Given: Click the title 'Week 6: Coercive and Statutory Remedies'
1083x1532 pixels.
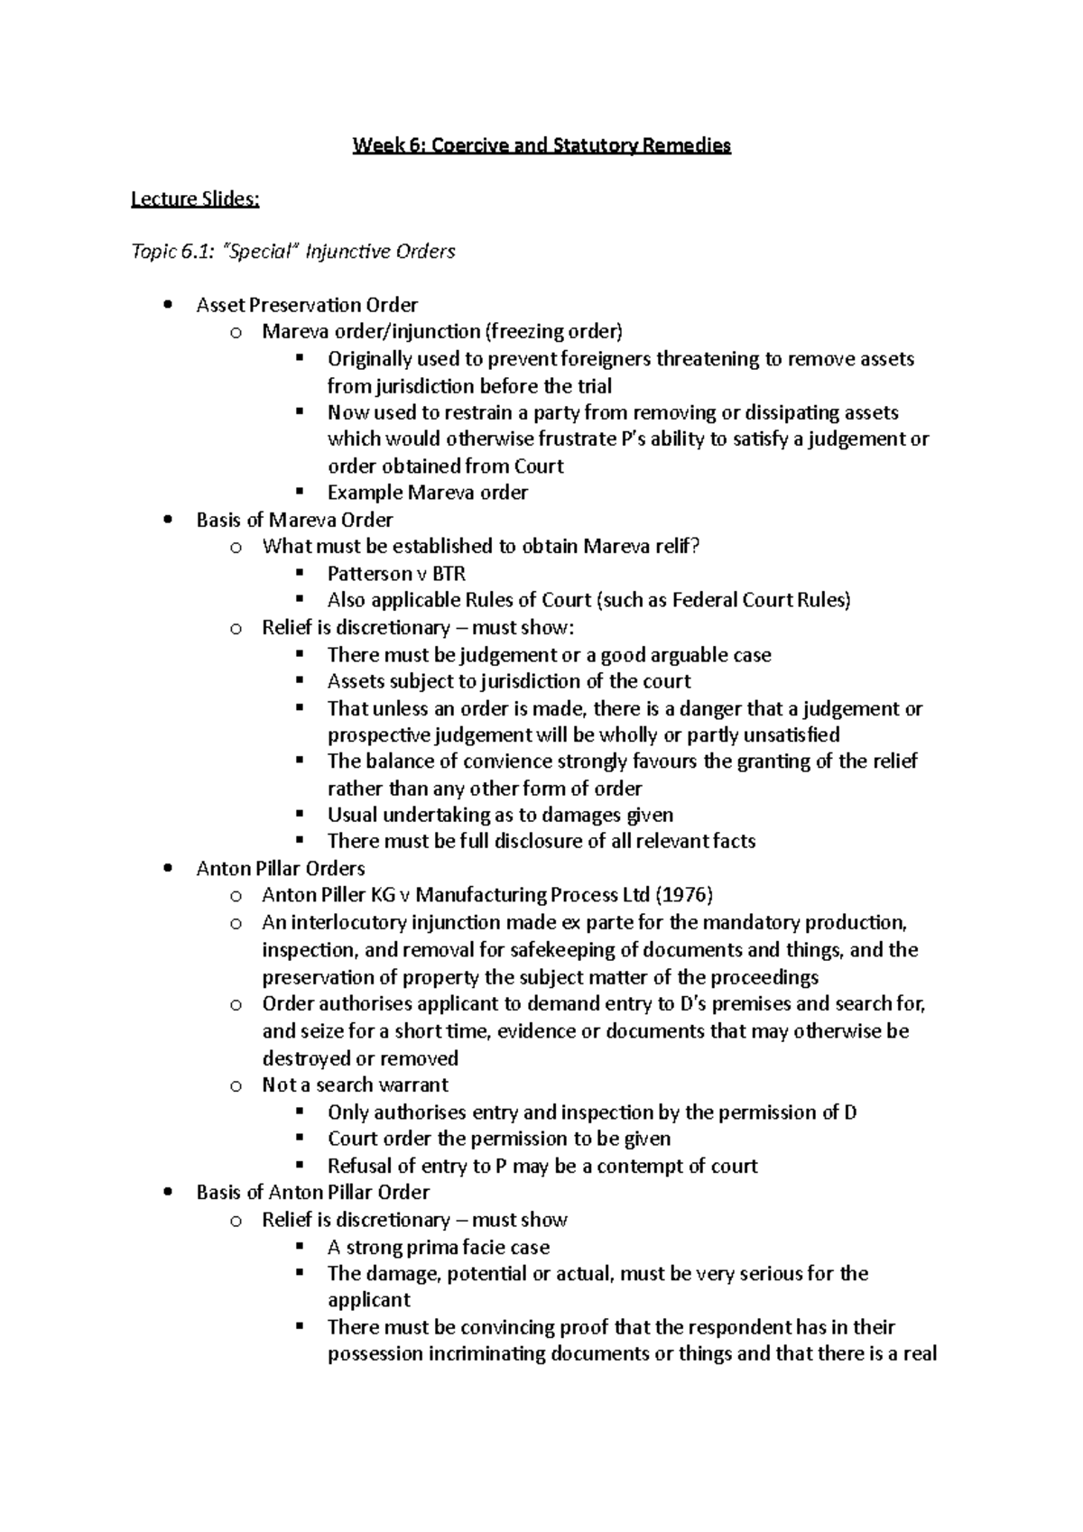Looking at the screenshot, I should (541, 145).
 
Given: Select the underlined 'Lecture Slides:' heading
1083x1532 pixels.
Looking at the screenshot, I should (195, 198).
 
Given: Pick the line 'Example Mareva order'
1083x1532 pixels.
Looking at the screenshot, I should (427, 493).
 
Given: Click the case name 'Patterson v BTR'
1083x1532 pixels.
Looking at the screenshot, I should (396, 574).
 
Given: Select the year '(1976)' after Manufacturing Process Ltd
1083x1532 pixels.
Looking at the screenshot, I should (683, 895).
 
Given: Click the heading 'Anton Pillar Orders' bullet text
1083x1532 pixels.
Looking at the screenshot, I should (281, 869).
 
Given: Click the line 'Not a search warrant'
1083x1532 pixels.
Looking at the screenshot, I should (355, 1084).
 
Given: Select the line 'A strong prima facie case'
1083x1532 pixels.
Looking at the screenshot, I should (438, 1247).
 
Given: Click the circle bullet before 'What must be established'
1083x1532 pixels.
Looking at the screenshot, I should (236, 547).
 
